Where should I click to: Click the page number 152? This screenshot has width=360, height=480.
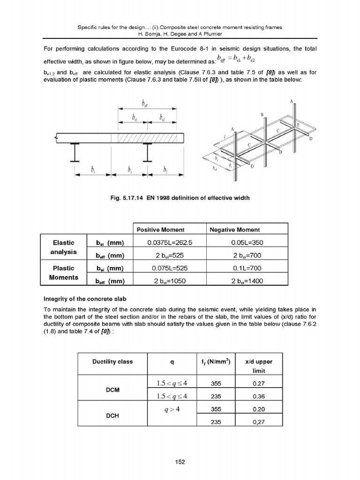click(180, 462)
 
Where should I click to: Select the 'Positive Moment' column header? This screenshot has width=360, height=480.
click(160, 230)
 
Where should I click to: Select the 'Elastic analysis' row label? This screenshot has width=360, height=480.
click(63, 247)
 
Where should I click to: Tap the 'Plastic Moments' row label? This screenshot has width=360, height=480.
click(63, 273)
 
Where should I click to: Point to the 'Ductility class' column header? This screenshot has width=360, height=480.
click(112, 361)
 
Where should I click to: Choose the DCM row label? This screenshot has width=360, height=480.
click(112, 389)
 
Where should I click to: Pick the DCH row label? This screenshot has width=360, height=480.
click(112, 415)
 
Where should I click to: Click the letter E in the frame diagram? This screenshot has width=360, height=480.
click(298, 125)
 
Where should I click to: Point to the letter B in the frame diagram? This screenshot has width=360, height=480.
click(262, 114)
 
